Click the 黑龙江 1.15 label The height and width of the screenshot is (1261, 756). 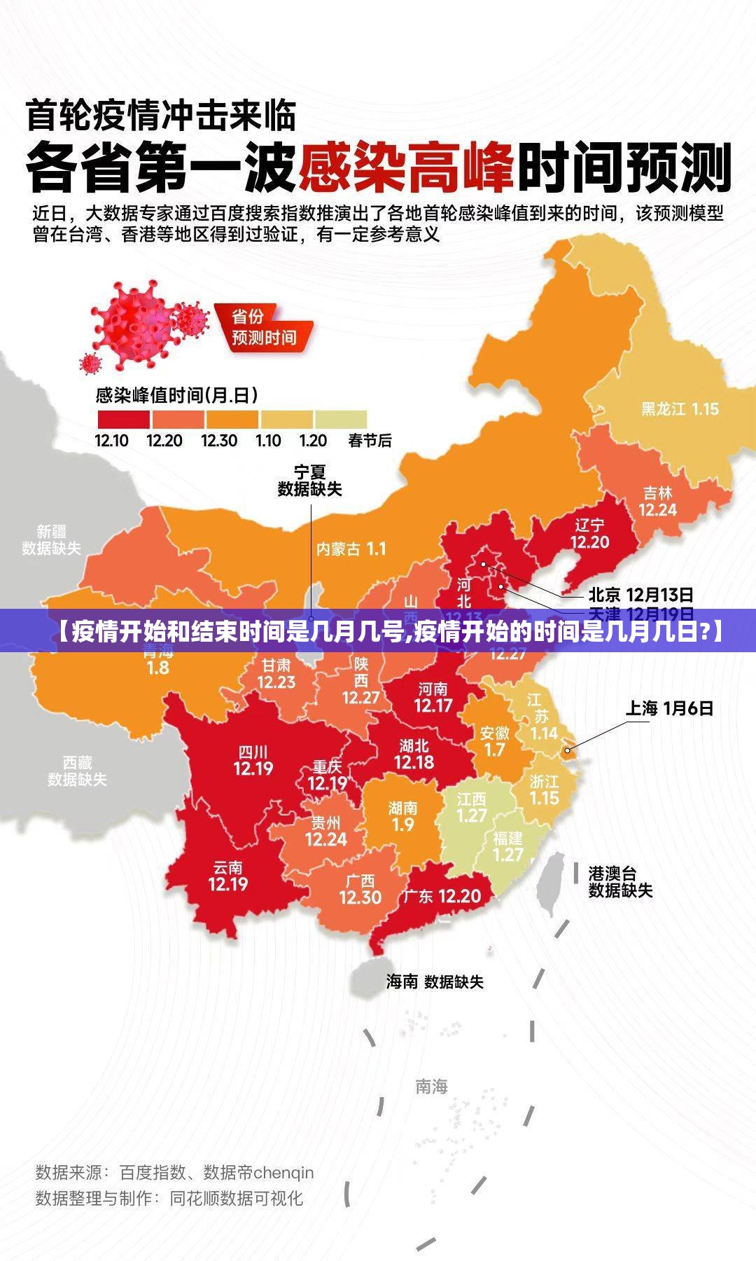(x=680, y=408)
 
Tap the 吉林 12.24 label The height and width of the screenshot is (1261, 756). (x=657, y=502)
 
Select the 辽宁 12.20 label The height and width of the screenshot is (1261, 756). (x=589, y=534)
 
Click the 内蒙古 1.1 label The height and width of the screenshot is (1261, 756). (x=351, y=549)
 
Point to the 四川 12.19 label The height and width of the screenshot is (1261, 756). (x=253, y=761)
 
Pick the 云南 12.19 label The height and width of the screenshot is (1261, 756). (x=228, y=876)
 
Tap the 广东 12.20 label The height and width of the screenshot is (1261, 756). (x=442, y=896)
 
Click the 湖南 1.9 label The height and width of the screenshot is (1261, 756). (x=402, y=817)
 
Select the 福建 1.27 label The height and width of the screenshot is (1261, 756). (x=507, y=847)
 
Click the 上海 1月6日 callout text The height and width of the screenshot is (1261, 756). (x=669, y=708)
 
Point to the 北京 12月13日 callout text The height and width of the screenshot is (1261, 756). (x=640, y=595)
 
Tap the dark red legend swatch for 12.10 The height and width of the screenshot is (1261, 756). (x=123, y=419)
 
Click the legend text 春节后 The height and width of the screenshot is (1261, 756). (x=370, y=441)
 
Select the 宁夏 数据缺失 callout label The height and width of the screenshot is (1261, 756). (x=310, y=481)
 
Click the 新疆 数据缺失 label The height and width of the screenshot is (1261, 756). (x=51, y=539)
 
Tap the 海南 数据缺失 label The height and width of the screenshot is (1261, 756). (x=435, y=981)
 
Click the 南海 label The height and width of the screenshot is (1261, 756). (x=431, y=1086)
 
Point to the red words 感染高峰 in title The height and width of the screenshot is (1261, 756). (x=406, y=167)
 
